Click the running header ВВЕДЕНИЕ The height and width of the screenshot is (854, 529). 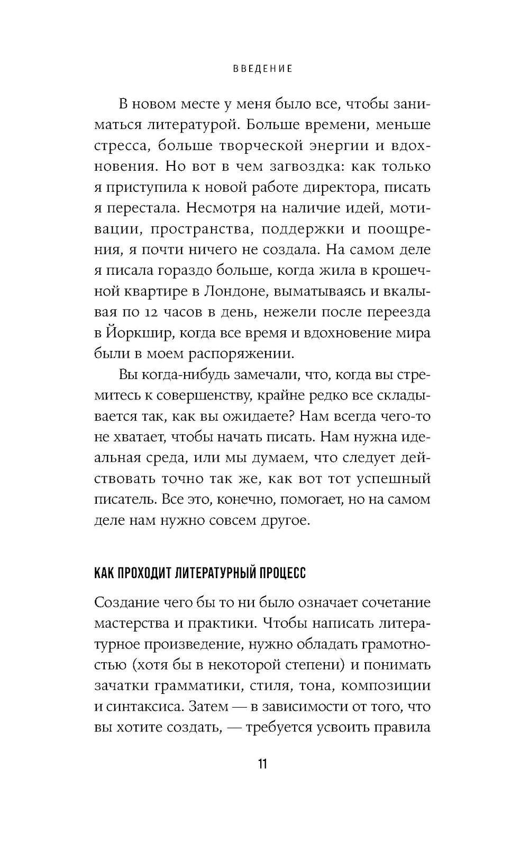263,69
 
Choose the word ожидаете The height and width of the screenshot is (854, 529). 253,416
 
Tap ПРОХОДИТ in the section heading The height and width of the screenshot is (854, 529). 143,573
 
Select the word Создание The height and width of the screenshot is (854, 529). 127,603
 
